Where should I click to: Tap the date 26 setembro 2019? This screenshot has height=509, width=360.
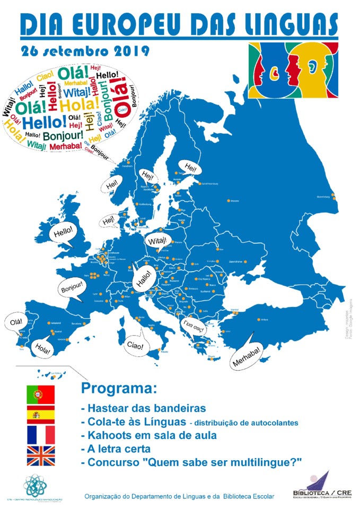click(85, 51)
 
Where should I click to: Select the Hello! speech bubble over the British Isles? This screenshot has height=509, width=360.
click(62, 232)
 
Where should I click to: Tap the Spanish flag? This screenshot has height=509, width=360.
click(40, 414)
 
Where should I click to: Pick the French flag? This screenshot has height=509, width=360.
click(40, 434)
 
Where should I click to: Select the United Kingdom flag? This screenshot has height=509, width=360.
click(40, 455)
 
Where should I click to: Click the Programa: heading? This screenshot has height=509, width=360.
click(119, 388)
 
